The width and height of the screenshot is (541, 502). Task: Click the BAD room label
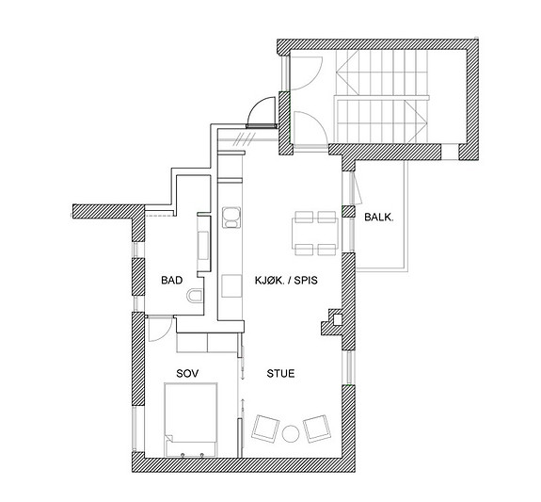click(172, 280)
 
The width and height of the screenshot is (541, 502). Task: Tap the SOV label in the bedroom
click(187, 374)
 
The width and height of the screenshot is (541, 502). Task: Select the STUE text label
click(281, 374)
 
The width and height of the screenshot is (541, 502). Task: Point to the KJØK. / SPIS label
click(286, 280)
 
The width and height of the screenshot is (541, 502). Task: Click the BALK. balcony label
click(379, 218)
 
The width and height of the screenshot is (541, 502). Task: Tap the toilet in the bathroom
click(194, 296)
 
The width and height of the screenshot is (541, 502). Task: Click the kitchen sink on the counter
click(231, 217)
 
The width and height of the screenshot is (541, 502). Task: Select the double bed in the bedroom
click(191, 419)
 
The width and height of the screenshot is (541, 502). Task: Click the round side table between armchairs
click(291, 434)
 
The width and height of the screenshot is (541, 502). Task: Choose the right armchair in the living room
click(317, 429)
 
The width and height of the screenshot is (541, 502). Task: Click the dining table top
click(315, 234)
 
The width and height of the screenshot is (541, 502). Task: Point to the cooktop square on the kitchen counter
click(231, 285)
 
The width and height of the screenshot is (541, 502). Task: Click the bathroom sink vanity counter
click(204, 245)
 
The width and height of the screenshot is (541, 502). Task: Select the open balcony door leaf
click(357, 187)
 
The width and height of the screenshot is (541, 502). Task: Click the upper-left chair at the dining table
click(304, 217)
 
